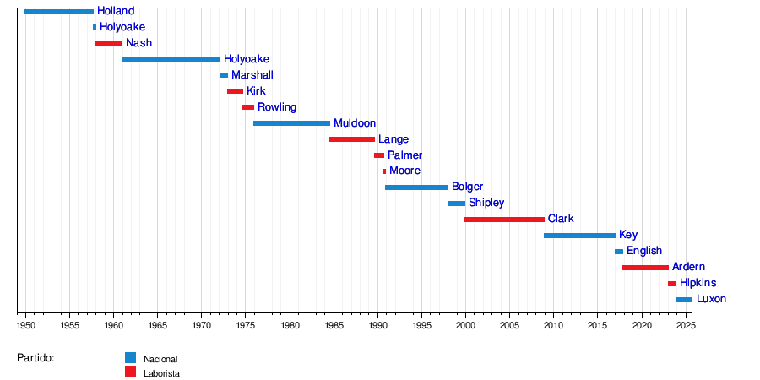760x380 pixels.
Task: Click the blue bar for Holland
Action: (x=59, y=11)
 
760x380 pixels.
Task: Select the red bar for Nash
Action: (x=109, y=43)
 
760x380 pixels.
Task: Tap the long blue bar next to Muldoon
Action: (x=291, y=123)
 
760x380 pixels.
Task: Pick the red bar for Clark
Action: (x=504, y=219)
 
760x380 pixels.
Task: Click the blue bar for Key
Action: (x=579, y=235)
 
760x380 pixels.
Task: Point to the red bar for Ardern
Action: (x=645, y=267)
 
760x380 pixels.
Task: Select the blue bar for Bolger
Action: (x=416, y=187)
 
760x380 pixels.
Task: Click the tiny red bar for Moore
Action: (x=384, y=171)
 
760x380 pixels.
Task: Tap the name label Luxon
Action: (x=711, y=299)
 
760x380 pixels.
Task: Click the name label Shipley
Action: (x=486, y=203)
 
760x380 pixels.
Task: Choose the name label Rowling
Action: (x=277, y=107)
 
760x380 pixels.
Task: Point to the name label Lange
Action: (x=394, y=139)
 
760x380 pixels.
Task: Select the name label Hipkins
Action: (x=698, y=283)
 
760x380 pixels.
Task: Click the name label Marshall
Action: (x=252, y=75)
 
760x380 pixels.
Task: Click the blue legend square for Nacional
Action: (x=130, y=357)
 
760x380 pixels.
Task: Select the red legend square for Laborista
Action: (x=130, y=372)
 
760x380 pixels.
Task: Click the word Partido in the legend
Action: (x=35, y=358)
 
